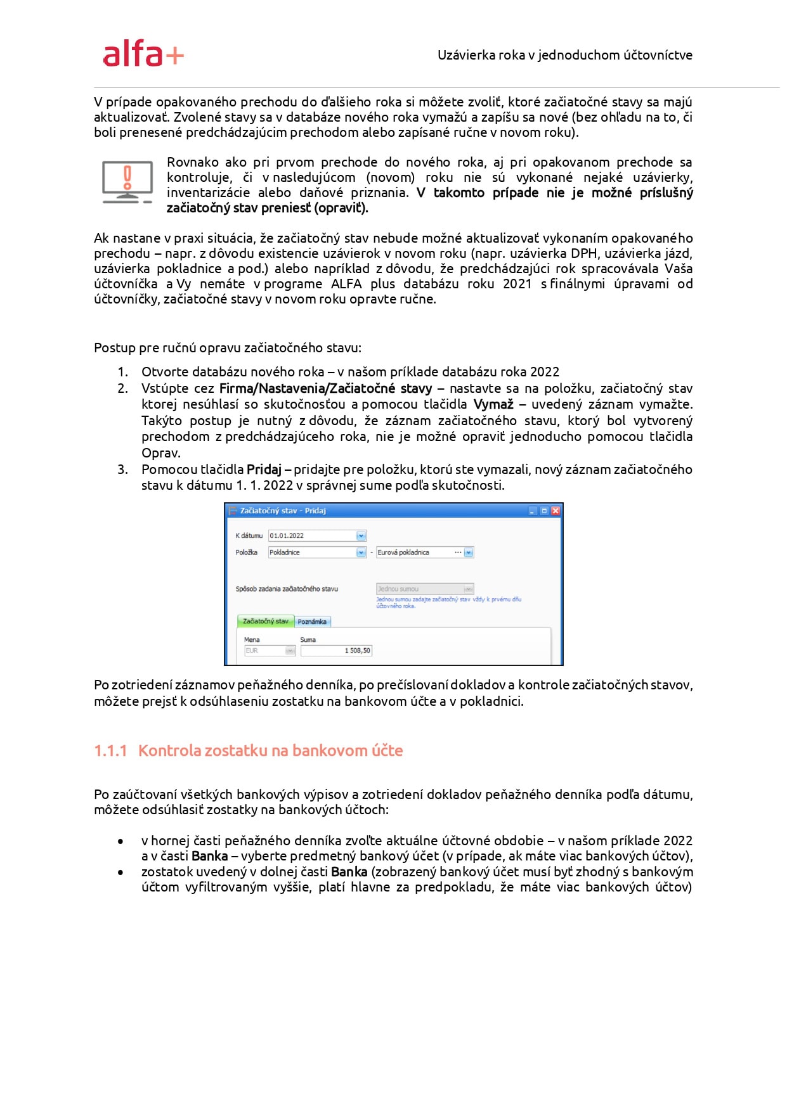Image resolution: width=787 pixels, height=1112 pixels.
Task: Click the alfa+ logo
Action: tap(143, 54)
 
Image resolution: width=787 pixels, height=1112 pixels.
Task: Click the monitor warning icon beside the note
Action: tap(127, 182)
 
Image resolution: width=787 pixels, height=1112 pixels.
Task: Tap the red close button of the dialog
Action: tap(556, 511)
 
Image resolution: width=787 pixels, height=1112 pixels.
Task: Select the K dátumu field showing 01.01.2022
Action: tap(313, 536)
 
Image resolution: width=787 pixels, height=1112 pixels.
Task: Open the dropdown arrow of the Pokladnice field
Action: tap(361, 553)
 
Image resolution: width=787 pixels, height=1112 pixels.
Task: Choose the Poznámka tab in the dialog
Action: tap(312, 622)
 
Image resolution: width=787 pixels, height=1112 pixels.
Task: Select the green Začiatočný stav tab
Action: tap(265, 622)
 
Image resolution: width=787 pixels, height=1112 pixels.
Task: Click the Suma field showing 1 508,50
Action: tap(336, 651)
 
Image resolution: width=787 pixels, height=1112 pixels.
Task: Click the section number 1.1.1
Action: tap(110, 751)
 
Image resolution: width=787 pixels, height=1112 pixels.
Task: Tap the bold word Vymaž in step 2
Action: tap(493, 404)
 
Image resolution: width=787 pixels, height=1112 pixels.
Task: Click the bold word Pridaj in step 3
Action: tap(264, 470)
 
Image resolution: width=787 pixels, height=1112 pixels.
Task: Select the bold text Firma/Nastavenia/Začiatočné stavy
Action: tap(325, 388)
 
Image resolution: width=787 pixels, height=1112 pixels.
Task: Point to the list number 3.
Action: tap(122, 470)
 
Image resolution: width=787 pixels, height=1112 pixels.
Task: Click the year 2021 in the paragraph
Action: tap(517, 284)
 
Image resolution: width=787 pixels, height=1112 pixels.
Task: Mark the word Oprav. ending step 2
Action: tap(161, 453)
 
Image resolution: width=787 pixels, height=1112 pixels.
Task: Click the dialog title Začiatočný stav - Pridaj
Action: tap(283, 511)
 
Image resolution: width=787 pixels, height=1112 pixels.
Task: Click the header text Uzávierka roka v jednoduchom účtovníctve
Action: tap(564, 55)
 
